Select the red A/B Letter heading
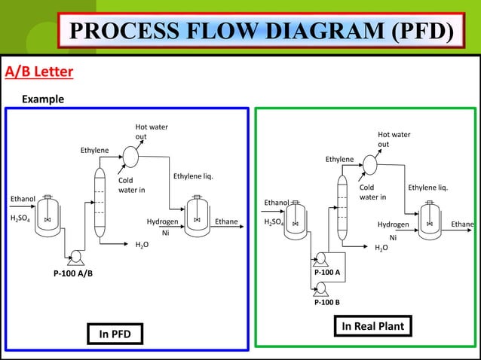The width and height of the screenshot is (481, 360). click(x=39, y=72)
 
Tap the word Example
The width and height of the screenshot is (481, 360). click(x=42, y=99)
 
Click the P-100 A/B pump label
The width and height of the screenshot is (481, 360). click(x=72, y=273)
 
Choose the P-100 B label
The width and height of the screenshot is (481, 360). click(x=326, y=302)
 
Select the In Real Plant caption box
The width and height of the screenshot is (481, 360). click(x=372, y=326)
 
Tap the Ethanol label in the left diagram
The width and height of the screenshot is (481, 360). click(x=22, y=199)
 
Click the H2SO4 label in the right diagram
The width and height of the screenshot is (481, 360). click(x=274, y=224)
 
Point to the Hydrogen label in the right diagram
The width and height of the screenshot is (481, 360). click(x=393, y=224)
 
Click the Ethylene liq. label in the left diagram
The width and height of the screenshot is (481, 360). click(x=194, y=177)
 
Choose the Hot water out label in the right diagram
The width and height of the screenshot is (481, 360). click(x=394, y=139)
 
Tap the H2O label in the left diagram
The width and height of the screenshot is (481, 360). click(x=141, y=246)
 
